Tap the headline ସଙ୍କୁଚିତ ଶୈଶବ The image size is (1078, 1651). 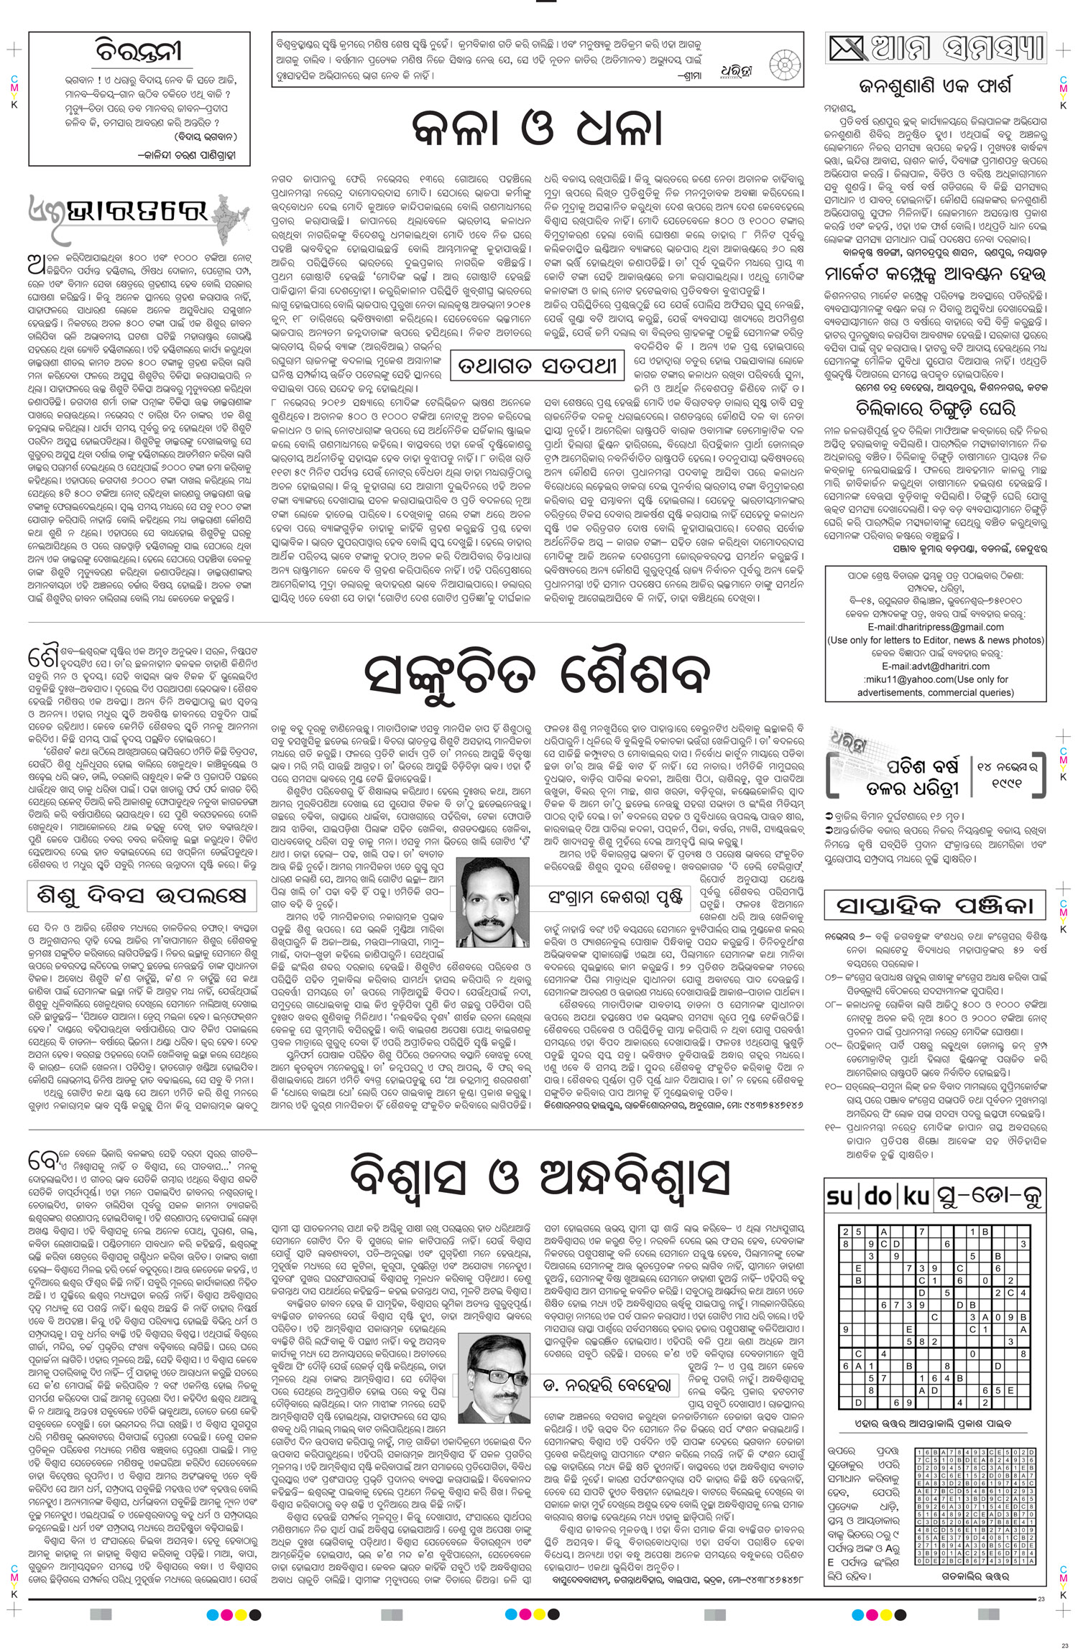click(545, 673)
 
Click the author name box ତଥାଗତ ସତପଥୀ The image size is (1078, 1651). click(535, 367)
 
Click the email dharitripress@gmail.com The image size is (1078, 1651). click(936, 626)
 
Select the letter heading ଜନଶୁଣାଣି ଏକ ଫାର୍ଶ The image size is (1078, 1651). click(936, 88)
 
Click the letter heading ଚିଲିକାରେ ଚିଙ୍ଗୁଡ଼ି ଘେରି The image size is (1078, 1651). click(936, 410)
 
